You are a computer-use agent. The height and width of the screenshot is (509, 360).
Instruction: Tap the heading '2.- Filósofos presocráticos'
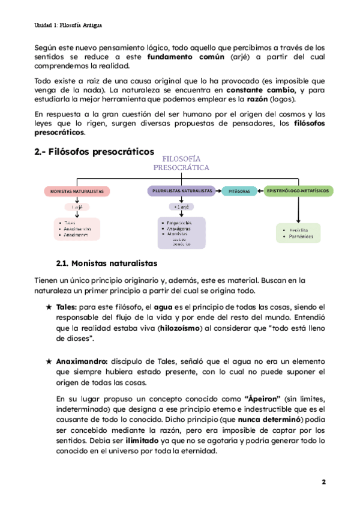point(94,151)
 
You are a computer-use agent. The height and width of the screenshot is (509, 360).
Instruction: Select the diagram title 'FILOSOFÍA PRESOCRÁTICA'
point(181,162)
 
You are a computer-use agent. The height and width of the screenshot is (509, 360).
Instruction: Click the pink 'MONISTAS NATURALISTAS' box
point(77,191)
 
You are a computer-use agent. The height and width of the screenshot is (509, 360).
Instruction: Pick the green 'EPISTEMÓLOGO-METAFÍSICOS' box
point(298,191)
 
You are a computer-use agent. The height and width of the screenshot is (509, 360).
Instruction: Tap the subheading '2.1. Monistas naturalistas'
point(106,263)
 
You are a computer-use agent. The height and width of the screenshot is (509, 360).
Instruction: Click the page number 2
point(323,482)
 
